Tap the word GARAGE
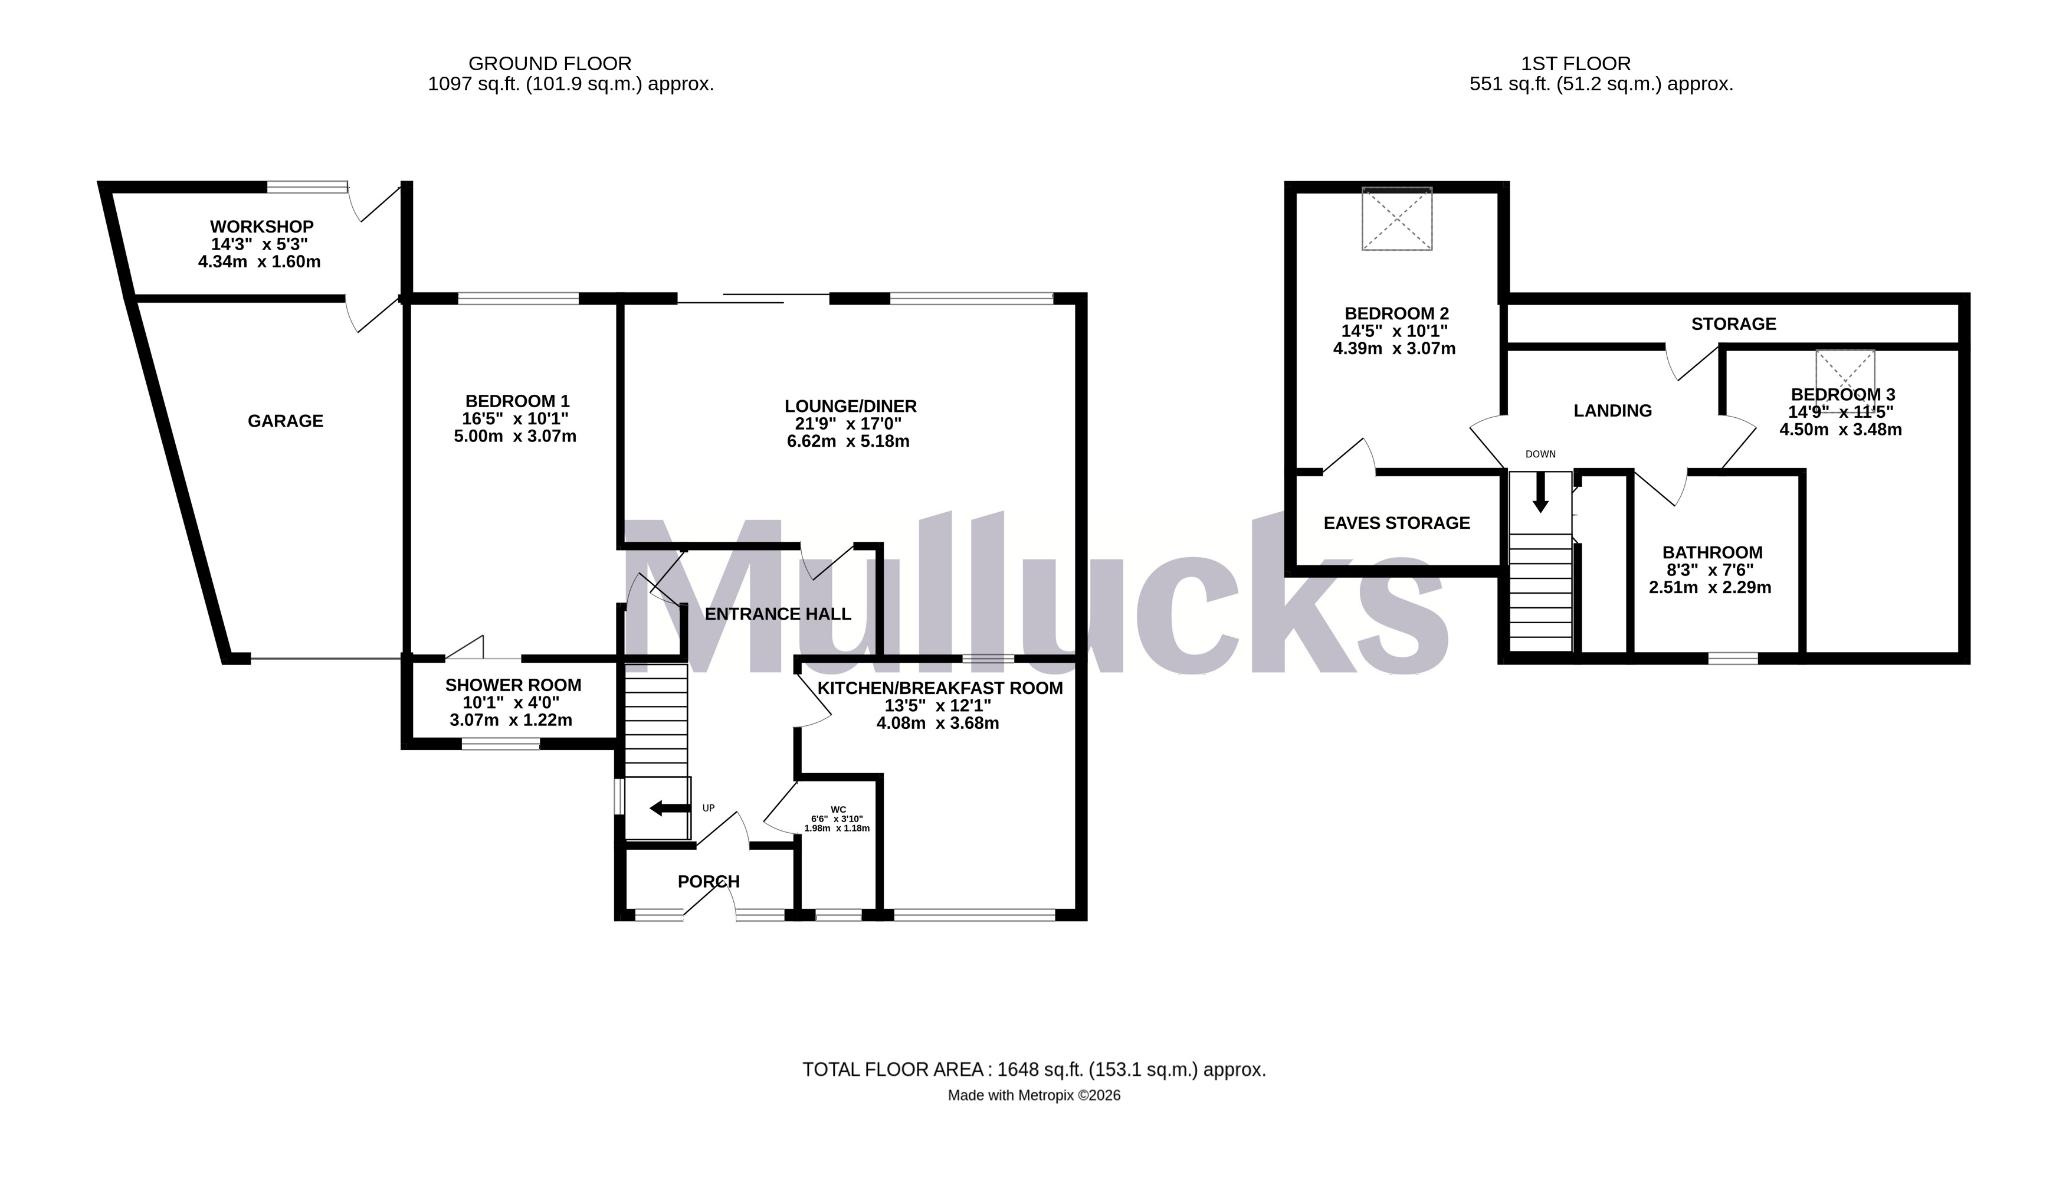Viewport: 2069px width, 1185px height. (285, 421)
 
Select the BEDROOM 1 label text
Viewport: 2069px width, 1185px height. (517, 401)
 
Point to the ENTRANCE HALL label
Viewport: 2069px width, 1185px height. (777, 614)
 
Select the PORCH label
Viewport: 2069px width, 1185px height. (708, 882)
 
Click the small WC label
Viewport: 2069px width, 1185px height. (838, 810)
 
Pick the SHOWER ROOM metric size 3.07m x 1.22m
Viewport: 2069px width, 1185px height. (510, 721)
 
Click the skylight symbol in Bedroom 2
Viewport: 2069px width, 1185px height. (1397, 218)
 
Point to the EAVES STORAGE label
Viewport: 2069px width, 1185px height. (1396, 523)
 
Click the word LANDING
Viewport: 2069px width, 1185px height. (1612, 411)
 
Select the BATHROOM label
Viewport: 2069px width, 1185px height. (1712, 552)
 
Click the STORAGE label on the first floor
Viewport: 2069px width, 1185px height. (1733, 324)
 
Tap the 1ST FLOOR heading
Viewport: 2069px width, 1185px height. (1575, 64)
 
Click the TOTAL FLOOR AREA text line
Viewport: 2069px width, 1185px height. (1033, 1069)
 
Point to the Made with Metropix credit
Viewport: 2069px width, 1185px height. (1033, 1095)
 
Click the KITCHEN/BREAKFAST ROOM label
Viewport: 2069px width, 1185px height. (940, 689)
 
